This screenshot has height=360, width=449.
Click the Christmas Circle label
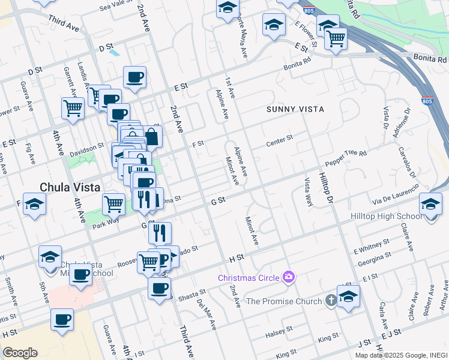click(x=249, y=278)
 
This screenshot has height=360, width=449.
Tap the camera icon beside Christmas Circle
click(x=289, y=277)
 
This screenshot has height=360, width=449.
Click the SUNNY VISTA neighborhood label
click(x=295, y=109)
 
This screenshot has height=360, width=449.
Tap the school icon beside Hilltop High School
click(x=430, y=204)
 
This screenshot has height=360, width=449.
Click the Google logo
click(x=20, y=353)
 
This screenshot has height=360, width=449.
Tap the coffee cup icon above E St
click(x=134, y=77)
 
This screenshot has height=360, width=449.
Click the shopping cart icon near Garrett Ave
click(x=73, y=109)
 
